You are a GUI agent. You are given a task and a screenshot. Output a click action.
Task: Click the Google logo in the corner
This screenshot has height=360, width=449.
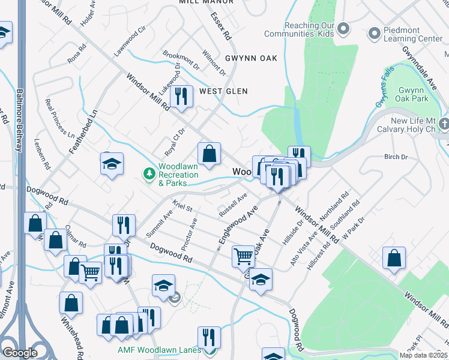coord(20,353)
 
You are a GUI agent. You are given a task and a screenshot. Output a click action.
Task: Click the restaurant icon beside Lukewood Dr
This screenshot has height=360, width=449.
coord(181,96)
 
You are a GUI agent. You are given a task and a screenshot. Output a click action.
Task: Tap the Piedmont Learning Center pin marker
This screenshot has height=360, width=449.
coord(374,31)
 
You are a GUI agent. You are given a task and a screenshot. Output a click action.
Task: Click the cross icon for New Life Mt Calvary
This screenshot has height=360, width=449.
coord(444,124)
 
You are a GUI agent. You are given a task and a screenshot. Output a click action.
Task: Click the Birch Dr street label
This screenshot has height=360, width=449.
coord(396,157)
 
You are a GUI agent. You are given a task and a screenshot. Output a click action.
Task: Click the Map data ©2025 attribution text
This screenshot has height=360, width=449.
coord(423,355)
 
